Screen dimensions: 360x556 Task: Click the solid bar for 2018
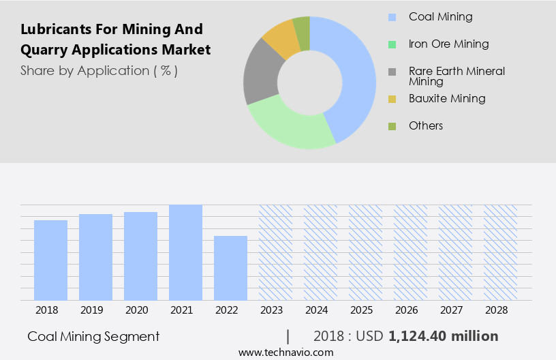[50, 260]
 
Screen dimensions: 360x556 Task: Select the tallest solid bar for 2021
[185, 252]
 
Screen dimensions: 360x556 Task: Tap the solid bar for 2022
[230, 268]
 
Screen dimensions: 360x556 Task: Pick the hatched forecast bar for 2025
[365, 252]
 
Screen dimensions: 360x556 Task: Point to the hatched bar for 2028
[500, 252]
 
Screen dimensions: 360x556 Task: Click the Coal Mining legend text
[440, 16]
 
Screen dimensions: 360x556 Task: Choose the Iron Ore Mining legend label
[448, 44]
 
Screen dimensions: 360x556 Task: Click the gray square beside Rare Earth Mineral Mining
[392, 72]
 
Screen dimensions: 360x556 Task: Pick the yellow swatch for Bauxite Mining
[392, 99]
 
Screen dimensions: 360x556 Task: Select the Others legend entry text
[426, 125]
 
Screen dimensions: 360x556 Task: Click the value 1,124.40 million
[443, 336]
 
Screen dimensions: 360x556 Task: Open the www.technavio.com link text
[286, 352]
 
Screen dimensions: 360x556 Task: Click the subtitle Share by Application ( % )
[99, 70]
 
